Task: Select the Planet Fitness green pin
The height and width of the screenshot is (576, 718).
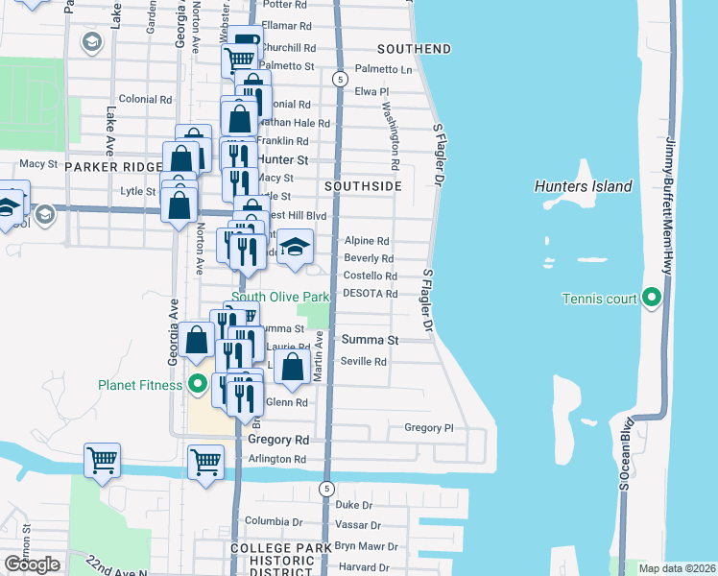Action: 199,385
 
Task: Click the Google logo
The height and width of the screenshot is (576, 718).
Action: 32,564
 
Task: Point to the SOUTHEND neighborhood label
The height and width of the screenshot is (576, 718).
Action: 414,48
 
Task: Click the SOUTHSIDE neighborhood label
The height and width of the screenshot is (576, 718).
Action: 362,185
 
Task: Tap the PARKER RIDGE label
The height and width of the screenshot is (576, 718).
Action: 114,167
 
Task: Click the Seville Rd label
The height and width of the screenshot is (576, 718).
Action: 364,362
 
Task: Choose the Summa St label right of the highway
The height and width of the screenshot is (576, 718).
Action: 370,340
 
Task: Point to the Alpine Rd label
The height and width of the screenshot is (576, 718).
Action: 367,242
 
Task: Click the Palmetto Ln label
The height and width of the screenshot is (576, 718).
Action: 383,69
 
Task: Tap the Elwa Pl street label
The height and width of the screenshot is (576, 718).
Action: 371,91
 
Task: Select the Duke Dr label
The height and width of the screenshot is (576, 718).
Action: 353,505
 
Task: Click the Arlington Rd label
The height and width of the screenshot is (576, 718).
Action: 276,459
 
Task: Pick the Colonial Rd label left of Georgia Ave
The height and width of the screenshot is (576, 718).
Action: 145,99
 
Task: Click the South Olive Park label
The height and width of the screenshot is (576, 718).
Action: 280,298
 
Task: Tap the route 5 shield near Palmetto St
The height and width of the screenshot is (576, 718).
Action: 339,78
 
